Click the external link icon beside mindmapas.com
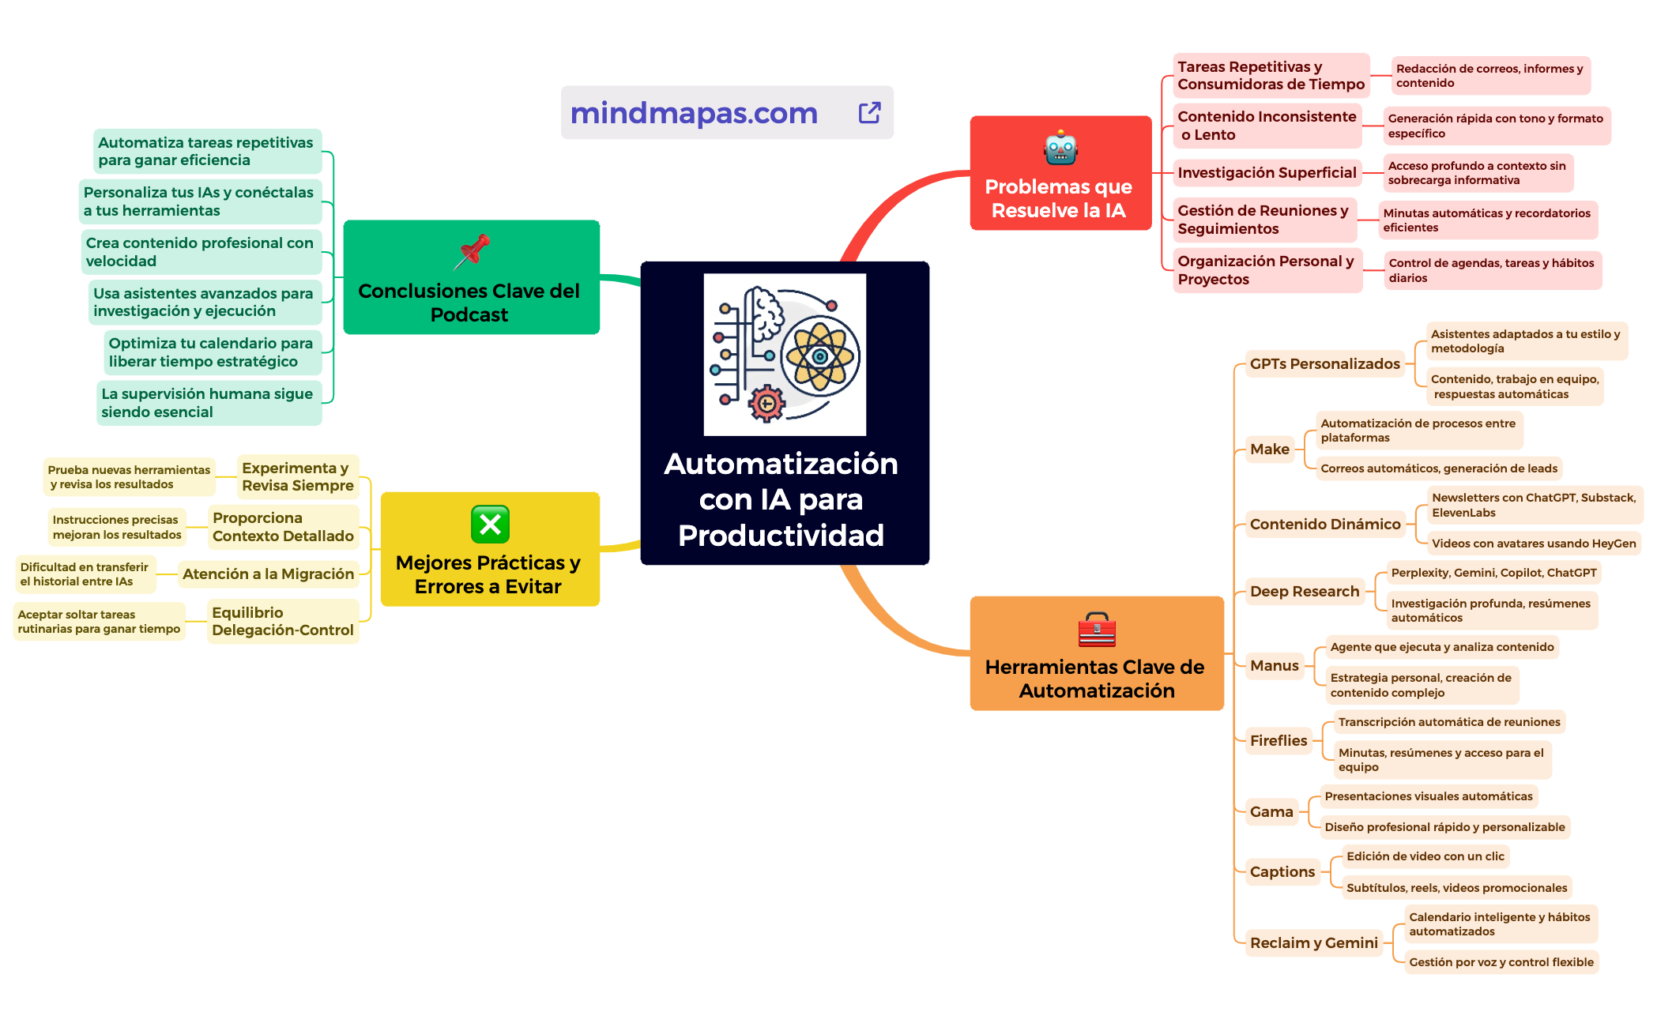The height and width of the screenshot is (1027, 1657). click(x=869, y=113)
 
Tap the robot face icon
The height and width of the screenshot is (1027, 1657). click(x=1060, y=149)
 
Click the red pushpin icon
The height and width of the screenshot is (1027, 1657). click(x=472, y=251)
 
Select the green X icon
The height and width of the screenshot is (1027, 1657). click(x=490, y=524)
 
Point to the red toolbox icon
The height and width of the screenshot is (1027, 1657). click(x=1097, y=630)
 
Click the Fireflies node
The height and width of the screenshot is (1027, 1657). click(x=1278, y=741)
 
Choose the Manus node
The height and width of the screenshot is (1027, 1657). click(x=1274, y=666)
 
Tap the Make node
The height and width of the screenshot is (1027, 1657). click(x=1269, y=450)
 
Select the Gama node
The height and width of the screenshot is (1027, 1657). click(x=1271, y=812)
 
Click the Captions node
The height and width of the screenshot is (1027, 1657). click(x=1282, y=872)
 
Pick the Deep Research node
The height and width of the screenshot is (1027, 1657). click(x=1304, y=592)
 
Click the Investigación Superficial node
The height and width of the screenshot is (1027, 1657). click(x=1267, y=173)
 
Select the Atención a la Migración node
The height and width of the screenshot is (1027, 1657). click(x=268, y=574)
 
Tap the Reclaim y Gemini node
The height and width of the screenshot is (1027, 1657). click(x=1313, y=943)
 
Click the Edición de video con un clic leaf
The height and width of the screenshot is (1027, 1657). click(x=1425, y=856)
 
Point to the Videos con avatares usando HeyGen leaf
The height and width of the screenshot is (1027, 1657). click(x=1533, y=544)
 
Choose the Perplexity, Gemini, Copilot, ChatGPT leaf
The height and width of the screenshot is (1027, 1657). click(x=1493, y=573)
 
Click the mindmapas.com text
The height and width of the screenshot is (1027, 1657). click(x=694, y=113)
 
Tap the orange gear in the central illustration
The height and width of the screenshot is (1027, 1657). click(x=766, y=404)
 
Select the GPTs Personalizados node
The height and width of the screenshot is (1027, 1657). click(x=1324, y=364)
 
